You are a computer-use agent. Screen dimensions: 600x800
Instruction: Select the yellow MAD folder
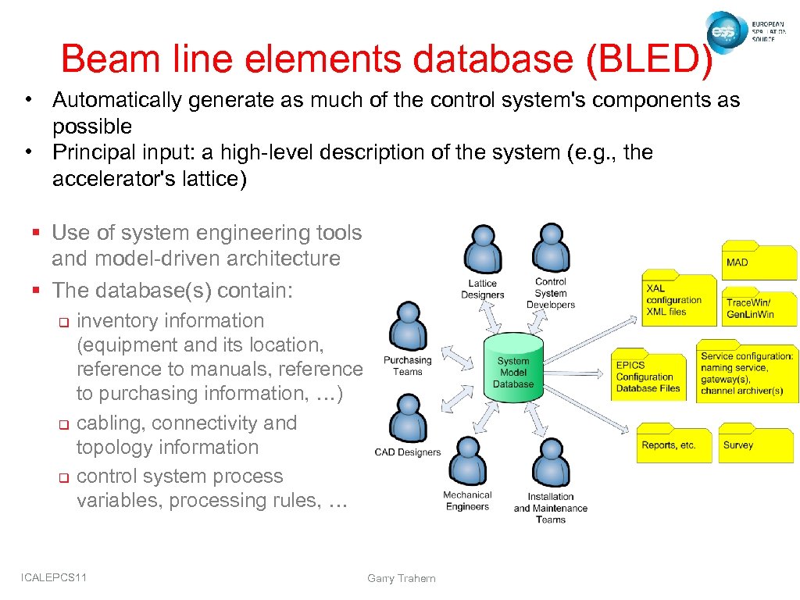pos(759,262)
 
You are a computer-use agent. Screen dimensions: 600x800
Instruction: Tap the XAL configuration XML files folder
pos(678,300)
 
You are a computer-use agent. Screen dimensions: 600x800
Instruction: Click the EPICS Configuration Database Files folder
pos(649,376)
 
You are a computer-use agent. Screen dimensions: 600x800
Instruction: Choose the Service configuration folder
pos(746,372)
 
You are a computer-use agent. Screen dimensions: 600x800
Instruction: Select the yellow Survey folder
pos(755,443)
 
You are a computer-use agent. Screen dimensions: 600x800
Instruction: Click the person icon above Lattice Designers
pos(483,249)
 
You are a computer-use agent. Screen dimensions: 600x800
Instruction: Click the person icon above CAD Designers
pos(407,418)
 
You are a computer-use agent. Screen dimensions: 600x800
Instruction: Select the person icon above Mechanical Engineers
pos(467,461)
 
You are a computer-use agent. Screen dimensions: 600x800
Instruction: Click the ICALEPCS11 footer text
pos(54,577)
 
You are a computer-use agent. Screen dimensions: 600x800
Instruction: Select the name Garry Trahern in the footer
pos(401,579)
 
